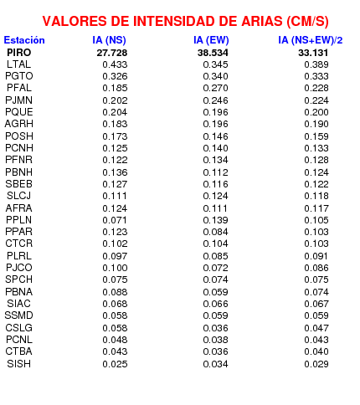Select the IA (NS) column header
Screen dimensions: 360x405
109,40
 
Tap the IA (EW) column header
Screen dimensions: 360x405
211,40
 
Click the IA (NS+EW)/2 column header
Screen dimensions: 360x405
310,40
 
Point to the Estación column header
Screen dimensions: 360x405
24,40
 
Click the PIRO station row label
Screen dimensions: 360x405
19,53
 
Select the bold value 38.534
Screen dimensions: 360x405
213,53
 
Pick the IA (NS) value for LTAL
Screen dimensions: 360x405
115,64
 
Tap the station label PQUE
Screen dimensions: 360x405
19,112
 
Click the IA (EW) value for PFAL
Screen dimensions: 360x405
215,88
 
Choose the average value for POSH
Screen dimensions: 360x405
316,136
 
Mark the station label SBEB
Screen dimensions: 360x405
19,184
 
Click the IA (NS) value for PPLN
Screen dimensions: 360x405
115,220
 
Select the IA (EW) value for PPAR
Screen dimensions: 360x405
215,232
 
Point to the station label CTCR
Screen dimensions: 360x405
19,244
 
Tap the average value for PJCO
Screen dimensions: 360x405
316,268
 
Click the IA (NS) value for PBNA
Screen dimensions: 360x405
115,292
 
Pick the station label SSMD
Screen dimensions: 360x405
18,315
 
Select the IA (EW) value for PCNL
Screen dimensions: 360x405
215,340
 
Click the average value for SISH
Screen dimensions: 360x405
316,364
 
